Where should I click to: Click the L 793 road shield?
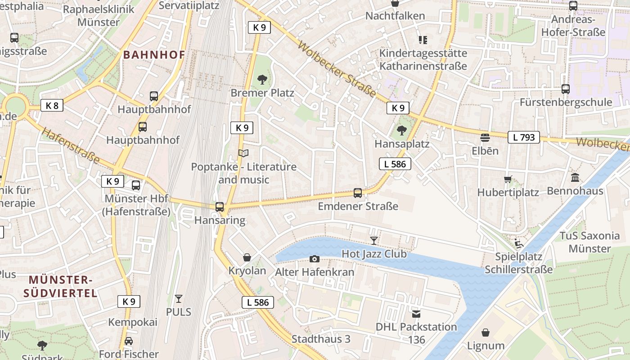(x=524, y=137)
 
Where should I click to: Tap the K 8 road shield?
(x=52, y=106)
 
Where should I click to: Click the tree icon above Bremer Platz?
(x=262, y=80)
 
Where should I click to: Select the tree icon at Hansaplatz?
(x=401, y=130)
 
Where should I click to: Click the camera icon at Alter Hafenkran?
(x=315, y=259)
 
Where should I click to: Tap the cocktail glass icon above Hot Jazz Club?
(x=373, y=240)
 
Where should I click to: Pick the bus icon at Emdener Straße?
(x=358, y=193)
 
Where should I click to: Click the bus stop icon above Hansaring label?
(x=220, y=207)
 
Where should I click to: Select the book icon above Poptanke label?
(x=243, y=153)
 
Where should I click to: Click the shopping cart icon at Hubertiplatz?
(x=508, y=180)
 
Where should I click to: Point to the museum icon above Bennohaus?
(x=575, y=178)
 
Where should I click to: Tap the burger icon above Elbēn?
(x=485, y=137)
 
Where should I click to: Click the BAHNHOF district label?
(x=154, y=55)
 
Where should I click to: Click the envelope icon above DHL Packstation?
(x=416, y=314)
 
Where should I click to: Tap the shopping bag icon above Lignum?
(x=486, y=333)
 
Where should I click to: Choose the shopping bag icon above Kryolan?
(x=247, y=257)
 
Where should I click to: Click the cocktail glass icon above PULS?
(x=179, y=298)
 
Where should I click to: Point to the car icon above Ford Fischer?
(x=129, y=341)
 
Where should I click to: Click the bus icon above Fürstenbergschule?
(x=566, y=89)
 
